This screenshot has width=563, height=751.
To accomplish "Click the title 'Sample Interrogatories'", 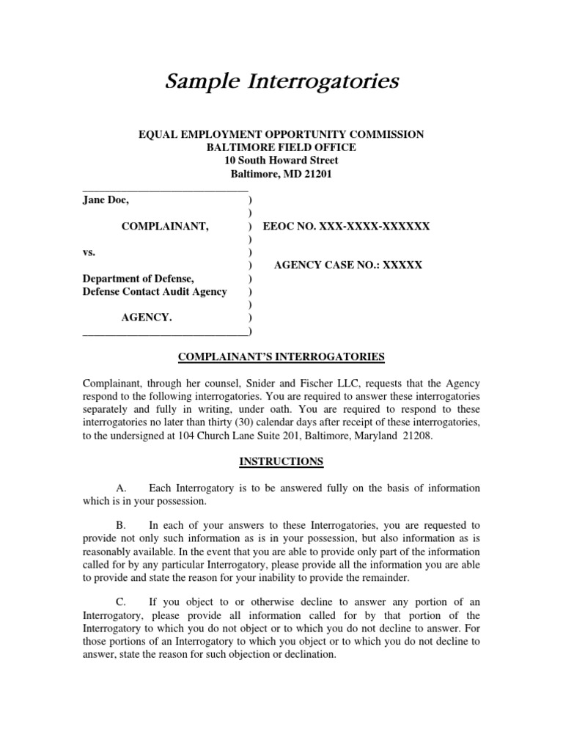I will pos(281,81).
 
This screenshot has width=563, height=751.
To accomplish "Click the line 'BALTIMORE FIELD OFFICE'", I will pos(281,147).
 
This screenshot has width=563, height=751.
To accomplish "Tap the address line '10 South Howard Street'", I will pos(281,161).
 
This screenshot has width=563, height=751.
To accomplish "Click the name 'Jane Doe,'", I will pos(106,199).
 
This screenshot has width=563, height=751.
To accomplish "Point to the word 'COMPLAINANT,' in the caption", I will pos(165,227).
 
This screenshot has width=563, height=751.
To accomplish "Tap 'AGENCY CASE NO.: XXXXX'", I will pos(348,265).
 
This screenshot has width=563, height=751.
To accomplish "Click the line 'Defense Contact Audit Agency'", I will pos(155,292).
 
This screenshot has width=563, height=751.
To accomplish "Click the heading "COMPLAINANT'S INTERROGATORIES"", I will pos(281,357).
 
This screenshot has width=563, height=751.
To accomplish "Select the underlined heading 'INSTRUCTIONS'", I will pos(281,461).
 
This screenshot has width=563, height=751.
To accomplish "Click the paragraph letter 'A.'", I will pos(122,488).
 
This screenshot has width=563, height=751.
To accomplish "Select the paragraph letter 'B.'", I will pos(122,525).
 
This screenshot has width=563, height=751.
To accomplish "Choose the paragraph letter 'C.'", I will pos(122,602).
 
